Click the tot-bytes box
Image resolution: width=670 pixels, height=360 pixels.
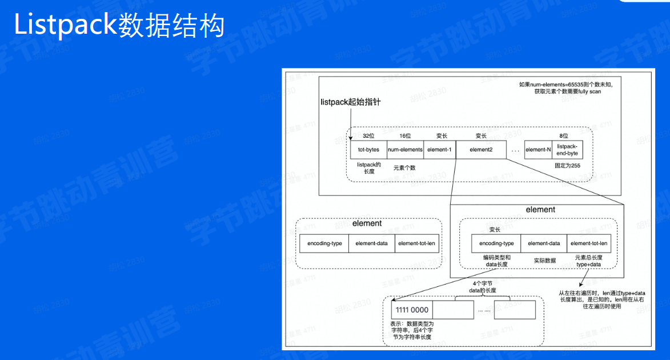(x=368, y=150)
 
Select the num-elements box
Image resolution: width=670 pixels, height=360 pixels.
(x=405, y=150)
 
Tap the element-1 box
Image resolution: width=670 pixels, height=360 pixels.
(x=439, y=150)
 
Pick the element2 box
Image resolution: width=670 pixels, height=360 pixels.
(x=480, y=150)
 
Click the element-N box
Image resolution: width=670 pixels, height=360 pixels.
(x=538, y=150)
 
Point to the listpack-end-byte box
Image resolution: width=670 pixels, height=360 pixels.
(x=567, y=150)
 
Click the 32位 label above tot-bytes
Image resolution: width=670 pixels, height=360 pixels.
(x=368, y=136)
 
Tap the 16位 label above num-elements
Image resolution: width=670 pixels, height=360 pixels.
(x=405, y=136)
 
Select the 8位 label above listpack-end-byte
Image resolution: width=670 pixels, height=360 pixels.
(x=564, y=136)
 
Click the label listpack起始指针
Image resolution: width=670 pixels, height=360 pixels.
(x=350, y=102)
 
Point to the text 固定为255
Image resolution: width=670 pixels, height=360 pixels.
(x=567, y=165)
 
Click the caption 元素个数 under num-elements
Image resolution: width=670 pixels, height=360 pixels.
(x=405, y=169)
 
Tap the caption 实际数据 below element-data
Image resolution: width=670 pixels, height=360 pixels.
(x=545, y=260)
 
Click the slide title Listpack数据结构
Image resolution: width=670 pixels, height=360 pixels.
(x=119, y=26)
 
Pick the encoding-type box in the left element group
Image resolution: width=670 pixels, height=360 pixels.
(x=324, y=243)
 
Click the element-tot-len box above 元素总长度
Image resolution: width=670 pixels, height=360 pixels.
(x=589, y=243)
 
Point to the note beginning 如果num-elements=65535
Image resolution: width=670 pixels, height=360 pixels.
(x=560, y=88)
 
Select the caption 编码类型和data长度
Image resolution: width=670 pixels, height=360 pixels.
(x=496, y=261)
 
